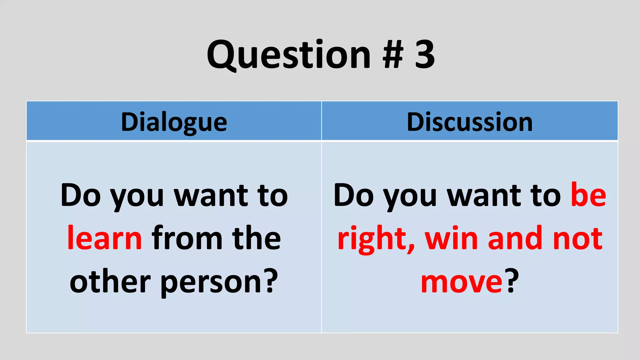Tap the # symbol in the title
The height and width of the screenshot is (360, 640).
pos(393,55)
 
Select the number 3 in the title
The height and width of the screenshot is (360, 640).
pos(425,55)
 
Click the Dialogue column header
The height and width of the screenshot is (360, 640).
pos(174,122)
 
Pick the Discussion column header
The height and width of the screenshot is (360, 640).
pos(470,122)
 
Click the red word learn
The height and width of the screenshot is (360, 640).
pos(105,238)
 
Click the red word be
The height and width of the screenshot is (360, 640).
pos(588,195)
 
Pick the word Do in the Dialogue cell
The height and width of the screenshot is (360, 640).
pos(81,195)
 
